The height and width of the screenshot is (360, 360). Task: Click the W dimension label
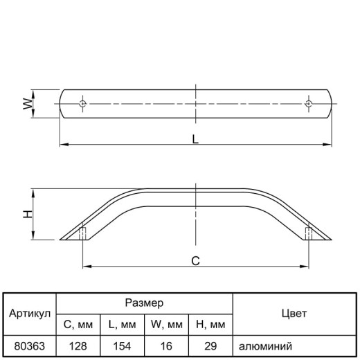[28, 104]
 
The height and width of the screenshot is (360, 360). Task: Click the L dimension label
[195, 139]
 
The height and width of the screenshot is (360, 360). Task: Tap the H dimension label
[28, 214]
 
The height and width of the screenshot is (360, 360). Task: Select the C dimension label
[195, 261]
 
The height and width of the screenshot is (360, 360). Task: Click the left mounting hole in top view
[82, 104]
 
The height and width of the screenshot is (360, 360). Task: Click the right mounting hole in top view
[309, 104]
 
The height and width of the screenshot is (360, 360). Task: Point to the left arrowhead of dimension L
[64, 145]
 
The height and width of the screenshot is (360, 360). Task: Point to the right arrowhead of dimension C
[304, 267]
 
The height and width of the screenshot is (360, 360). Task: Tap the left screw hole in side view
[82, 233]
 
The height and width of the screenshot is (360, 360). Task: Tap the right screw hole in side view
[309, 233]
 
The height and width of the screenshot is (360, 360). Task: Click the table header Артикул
[30, 314]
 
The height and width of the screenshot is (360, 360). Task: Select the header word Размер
[144, 303]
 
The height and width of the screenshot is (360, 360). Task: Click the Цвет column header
[294, 314]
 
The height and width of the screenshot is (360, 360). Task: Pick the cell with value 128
[78, 346]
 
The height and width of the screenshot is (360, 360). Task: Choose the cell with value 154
[122, 346]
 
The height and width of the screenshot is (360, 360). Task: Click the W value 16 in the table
[166, 346]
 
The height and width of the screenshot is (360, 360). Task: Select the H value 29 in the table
[210, 346]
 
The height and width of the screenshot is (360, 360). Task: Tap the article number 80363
[30, 346]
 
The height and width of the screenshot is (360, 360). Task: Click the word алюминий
[265, 346]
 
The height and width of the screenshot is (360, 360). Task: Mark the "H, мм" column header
[210, 325]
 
